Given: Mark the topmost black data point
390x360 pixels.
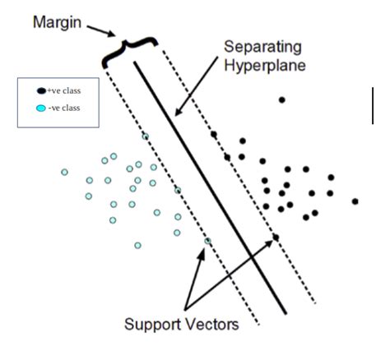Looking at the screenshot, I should pyautogui.click(x=281, y=100).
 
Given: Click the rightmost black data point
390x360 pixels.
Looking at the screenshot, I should pyautogui.click(x=355, y=201).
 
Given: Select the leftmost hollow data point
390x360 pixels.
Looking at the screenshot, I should pyautogui.click(x=64, y=172).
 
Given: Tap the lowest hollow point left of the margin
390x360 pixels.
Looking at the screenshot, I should pyautogui.click(x=137, y=245).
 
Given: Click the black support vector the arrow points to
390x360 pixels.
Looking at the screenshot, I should pyautogui.click(x=276, y=238).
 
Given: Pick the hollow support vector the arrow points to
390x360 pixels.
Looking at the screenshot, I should pyautogui.click(x=208, y=240).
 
